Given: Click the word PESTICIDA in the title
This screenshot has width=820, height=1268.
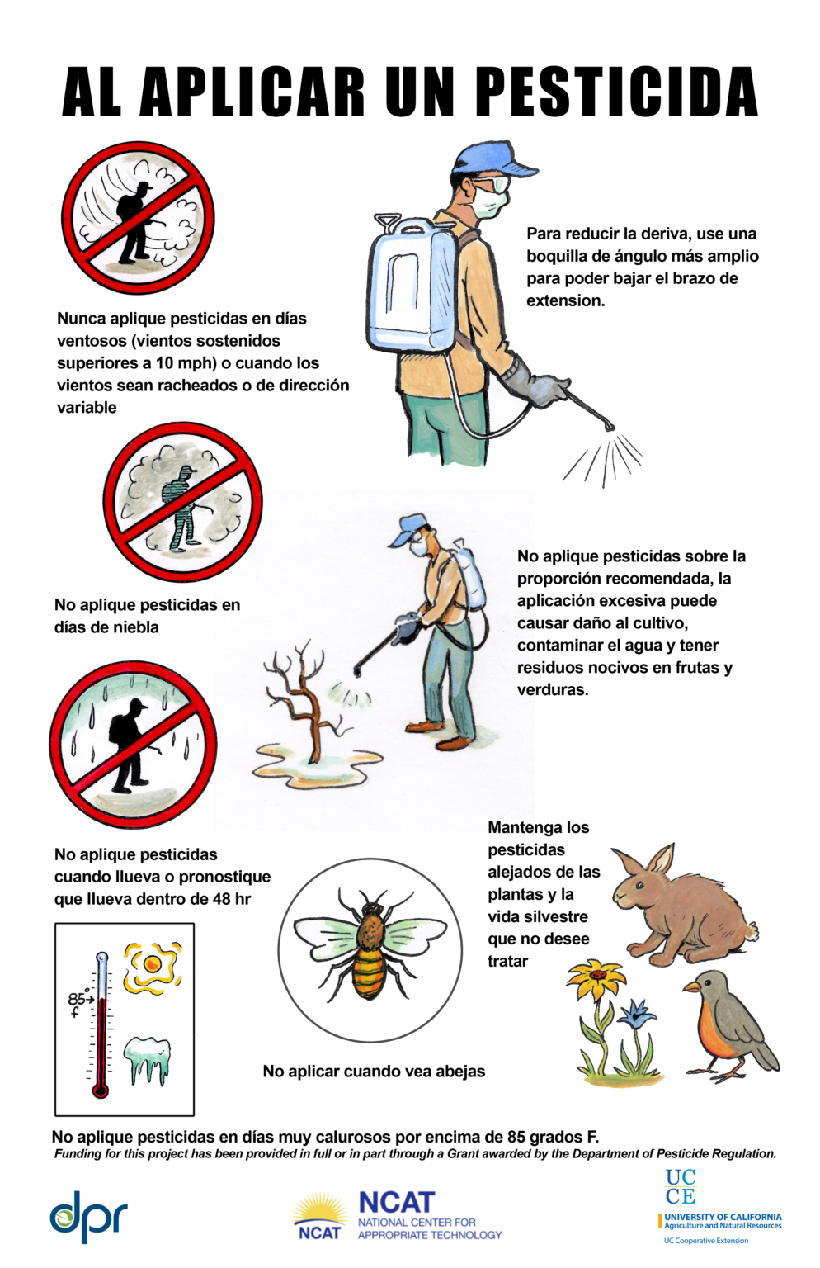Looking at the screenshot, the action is pos(618,91).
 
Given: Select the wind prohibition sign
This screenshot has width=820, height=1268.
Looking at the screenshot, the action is pos(138,218).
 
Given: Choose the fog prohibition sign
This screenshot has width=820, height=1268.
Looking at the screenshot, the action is pos(182,502).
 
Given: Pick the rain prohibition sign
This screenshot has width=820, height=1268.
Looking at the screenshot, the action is pos(133,745).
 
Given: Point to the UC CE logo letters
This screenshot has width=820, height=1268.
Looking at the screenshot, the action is pos(681,1186).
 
